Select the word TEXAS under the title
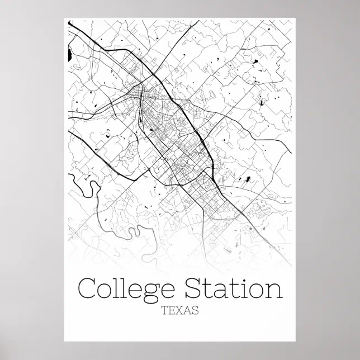[x=179, y=311]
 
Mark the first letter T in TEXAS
[x=164, y=311]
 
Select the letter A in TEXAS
[x=187, y=311]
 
